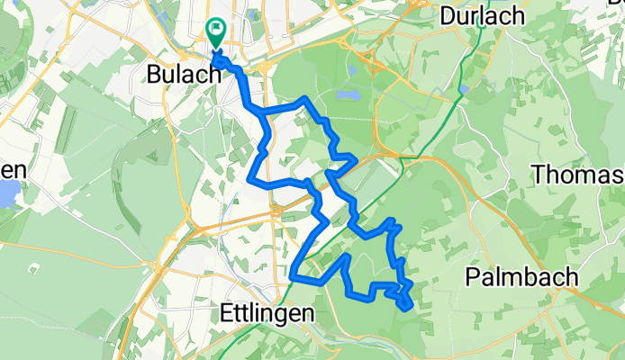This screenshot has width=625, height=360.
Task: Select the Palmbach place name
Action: coord(522,278)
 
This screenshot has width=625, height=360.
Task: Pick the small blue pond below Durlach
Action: coord(464,90)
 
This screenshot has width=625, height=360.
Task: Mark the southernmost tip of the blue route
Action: coord(409,307)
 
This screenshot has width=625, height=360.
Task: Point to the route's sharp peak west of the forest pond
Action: coord(308,98)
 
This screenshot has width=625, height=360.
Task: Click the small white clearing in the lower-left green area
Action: coord(32,267)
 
